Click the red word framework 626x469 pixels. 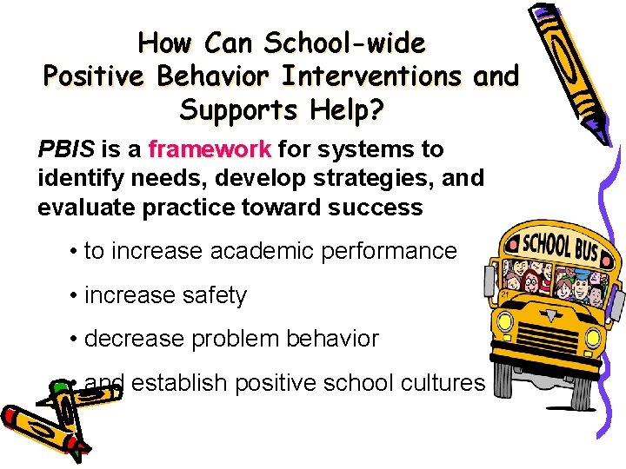(x=210, y=150)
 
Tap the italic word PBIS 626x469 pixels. (x=66, y=150)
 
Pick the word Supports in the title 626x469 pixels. (x=234, y=111)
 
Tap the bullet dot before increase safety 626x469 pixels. (x=76, y=296)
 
